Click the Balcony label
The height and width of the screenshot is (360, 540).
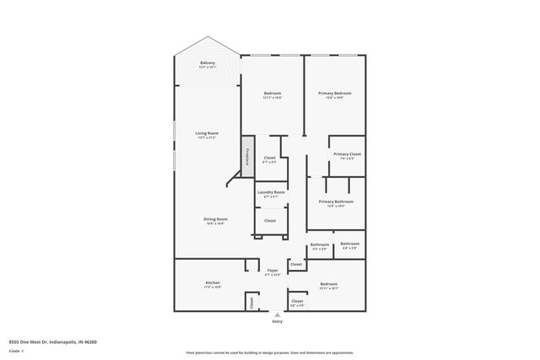(x=207, y=63)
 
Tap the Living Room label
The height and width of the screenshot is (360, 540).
(x=207, y=133)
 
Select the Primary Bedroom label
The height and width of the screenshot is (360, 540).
(x=334, y=93)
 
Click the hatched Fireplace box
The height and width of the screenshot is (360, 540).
(x=247, y=156)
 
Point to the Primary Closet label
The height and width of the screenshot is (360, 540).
(x=347, y=154)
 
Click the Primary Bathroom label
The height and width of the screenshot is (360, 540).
(x=335, y=201)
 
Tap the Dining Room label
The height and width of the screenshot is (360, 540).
(x=214, y=220)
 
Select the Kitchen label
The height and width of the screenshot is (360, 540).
(x=213, y=282)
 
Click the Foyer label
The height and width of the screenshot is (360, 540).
(x=272, y=271)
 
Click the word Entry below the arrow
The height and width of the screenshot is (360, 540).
(x=278, y=322)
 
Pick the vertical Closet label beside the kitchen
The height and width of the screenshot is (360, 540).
(x=251, y=301)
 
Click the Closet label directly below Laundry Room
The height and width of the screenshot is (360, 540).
(x=270, y=220)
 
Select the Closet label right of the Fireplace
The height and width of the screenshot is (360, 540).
(x=270, y=158)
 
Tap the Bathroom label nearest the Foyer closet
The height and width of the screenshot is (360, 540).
(x=320, y=245)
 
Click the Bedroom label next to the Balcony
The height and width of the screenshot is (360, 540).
(x=272, y=93)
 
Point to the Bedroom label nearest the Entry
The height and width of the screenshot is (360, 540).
(x=328, y=285)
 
